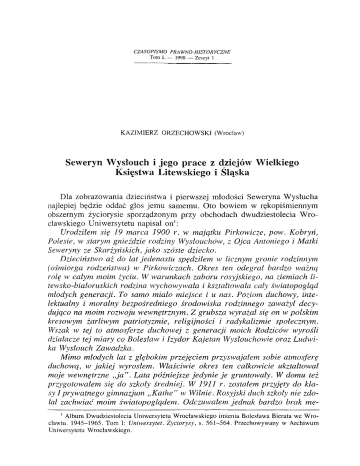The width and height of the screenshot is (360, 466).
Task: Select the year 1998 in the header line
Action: tap(182, 57)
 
